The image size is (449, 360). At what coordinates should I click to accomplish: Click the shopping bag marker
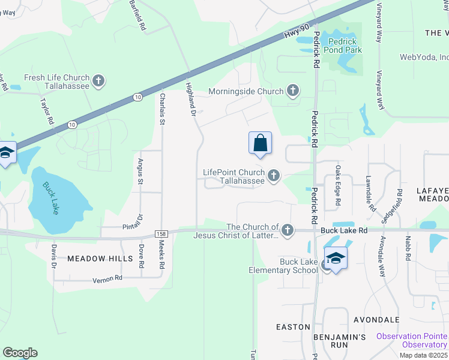click(260, 144)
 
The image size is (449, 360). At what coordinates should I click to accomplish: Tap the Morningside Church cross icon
click(292, 91)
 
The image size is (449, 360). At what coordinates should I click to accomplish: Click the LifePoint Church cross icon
click(274, 176)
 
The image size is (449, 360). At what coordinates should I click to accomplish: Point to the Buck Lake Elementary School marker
click(336, 259)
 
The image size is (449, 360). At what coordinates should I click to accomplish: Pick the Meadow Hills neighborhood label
click(100, 258)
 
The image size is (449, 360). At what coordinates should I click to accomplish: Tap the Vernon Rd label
click(107, 279)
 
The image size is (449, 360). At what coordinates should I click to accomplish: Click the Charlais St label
click(161, 108)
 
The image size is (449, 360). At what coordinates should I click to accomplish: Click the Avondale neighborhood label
click(377, 319)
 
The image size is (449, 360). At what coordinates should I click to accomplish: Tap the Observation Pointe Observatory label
click(412, 340)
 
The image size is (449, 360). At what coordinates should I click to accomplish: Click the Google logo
click(20, 353)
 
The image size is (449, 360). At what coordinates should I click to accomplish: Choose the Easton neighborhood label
click(293, 327)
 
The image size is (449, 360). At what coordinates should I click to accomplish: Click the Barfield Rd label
click(137, 16)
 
